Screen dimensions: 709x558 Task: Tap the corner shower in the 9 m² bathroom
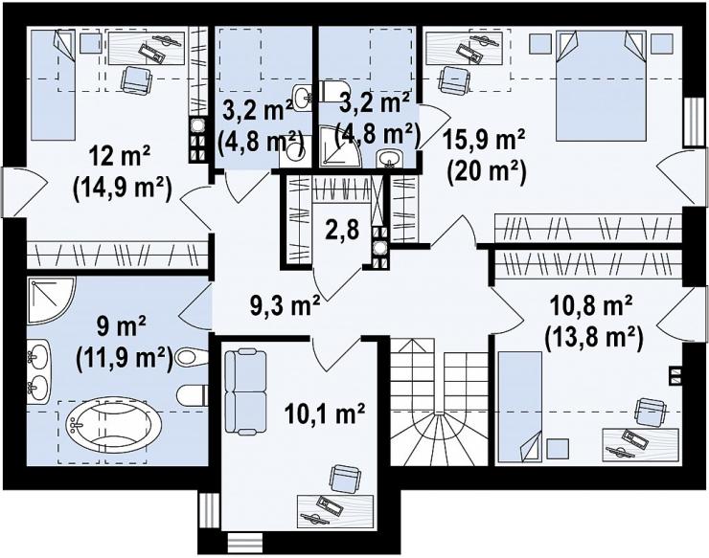pos(51,301)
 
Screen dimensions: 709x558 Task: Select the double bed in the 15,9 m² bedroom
pos(601,86)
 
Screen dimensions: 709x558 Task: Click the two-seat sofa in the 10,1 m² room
pos(245,391)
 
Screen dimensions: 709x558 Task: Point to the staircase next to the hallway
pos(439,403)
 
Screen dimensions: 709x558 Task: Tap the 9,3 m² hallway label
pos(285,305)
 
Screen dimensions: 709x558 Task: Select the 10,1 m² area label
pos(325,413)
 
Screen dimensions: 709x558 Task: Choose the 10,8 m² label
pos(591,307)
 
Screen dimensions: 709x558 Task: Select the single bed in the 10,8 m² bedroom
pos(520,407)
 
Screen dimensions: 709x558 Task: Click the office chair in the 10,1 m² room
pos(345,480)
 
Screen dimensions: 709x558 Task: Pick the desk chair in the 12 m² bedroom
pos(136,79)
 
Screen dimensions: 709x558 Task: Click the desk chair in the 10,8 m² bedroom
pos(650,413)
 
